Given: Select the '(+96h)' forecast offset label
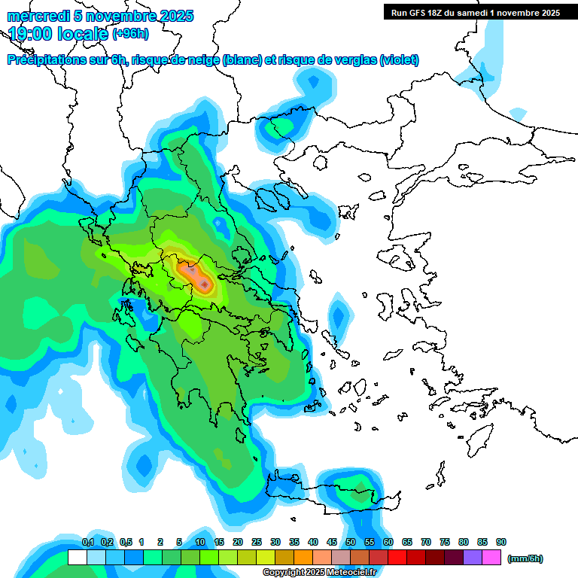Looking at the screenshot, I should (x=130, y=33).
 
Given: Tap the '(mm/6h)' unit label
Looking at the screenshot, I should (x=525, y=558).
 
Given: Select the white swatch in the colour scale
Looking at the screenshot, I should (x=77, y=558).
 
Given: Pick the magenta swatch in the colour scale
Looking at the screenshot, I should (x=492, y=558).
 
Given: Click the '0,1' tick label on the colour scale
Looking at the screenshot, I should (x=87, y=543).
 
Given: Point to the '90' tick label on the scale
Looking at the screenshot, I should (x=501, y=543).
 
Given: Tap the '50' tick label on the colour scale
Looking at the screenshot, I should (x=351, y=543).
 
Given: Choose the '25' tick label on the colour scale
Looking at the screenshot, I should (x=257, y=543).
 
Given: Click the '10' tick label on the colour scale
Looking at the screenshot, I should (x=200, y=543).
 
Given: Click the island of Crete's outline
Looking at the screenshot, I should (x=331, y=497).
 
